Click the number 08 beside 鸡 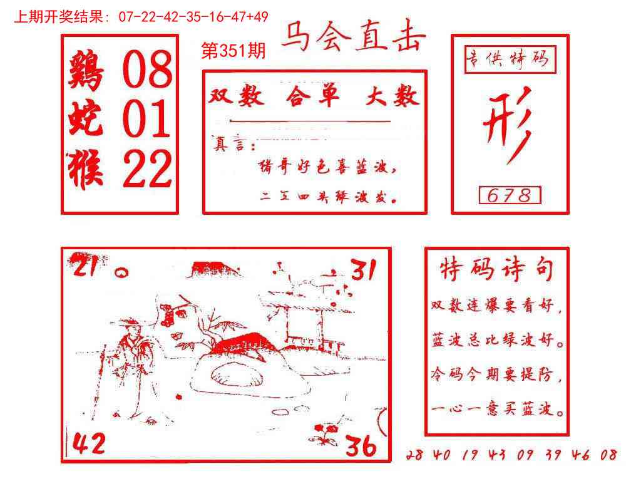coord(147,70)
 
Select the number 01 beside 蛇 coord(147,120)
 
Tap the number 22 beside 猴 coord(147,170)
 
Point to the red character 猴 coord(86,170)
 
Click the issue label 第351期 coord(233,51)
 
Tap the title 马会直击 coord(352,38)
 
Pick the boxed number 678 coord(510,195)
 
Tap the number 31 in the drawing coord(362,271)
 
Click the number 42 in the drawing coord(89,444)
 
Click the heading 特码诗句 coord(497,270)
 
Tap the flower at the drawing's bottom coord(326,433)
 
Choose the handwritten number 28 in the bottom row coord(414,455)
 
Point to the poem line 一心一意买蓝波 coord(497,411)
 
